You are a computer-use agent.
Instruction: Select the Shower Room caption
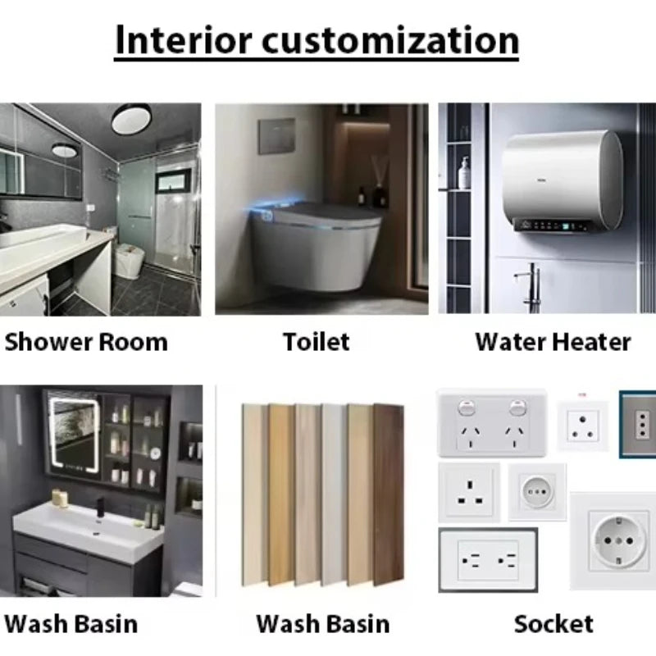click(x=85, y=341)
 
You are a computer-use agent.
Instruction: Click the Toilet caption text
click(x=317, y=341)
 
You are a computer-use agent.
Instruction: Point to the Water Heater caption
click(x=553, y=341)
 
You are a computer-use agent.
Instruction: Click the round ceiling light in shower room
click(x=131, y=120)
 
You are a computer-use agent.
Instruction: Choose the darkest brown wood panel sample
click(x=388, y=494)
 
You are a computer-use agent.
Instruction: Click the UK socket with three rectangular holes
click(x=468, y=492)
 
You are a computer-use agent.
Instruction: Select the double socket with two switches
click(x=492, y=421)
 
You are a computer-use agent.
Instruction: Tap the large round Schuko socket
click(x=613, y=540)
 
